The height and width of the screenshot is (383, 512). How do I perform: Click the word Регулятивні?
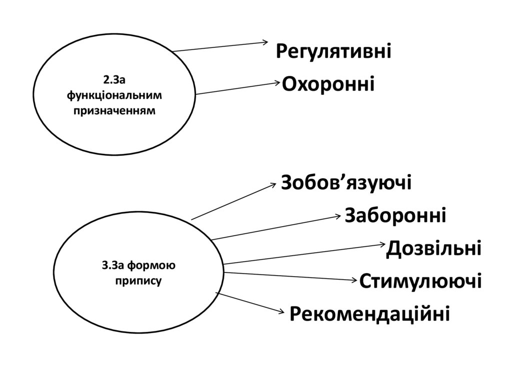[333, 52]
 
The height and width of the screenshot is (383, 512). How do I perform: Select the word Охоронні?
[328, 84]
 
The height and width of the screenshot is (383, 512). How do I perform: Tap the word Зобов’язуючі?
[346, 183]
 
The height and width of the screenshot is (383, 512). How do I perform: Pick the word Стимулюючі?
[420, 281]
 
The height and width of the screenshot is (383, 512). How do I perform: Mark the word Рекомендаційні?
[370, 314]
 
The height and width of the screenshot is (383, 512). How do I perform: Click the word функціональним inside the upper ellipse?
[114, 95]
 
